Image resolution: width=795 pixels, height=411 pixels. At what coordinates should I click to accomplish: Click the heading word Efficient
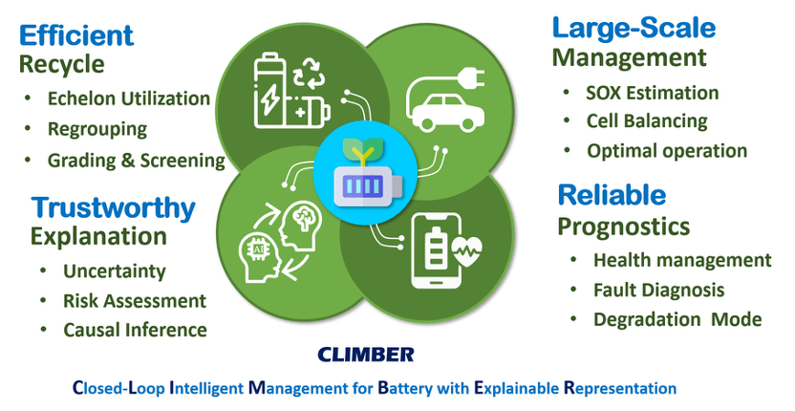[76, 35]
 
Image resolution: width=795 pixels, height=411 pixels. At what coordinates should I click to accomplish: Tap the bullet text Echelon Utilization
[129, 98]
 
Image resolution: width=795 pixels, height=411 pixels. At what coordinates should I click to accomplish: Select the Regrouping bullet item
[97, 129]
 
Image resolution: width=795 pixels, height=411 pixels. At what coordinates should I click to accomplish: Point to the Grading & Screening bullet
[137, 160]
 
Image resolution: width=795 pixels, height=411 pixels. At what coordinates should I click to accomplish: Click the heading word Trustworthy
[113, 207]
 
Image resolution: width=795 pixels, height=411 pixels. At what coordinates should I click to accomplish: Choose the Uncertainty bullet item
[114, 270]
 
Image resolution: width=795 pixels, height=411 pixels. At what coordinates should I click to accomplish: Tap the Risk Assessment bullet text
[134, 300]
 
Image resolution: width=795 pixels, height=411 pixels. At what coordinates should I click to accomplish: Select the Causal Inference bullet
[135, 330]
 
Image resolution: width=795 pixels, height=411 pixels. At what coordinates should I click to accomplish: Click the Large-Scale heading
[633, 27]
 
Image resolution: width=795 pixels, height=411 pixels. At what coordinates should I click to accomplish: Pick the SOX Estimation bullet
[653, 93]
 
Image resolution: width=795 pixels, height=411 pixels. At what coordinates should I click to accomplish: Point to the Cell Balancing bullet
[647, 121]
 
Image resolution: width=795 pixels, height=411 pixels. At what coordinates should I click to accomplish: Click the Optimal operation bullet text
[667, 151]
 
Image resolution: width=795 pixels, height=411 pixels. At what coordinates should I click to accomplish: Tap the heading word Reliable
[612, 195]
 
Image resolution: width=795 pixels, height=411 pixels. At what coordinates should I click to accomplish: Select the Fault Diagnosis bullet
[658, 290]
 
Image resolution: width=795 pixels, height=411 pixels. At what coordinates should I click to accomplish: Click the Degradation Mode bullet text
[677, 319]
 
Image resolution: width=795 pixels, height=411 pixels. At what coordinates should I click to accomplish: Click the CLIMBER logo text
[366, 355]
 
